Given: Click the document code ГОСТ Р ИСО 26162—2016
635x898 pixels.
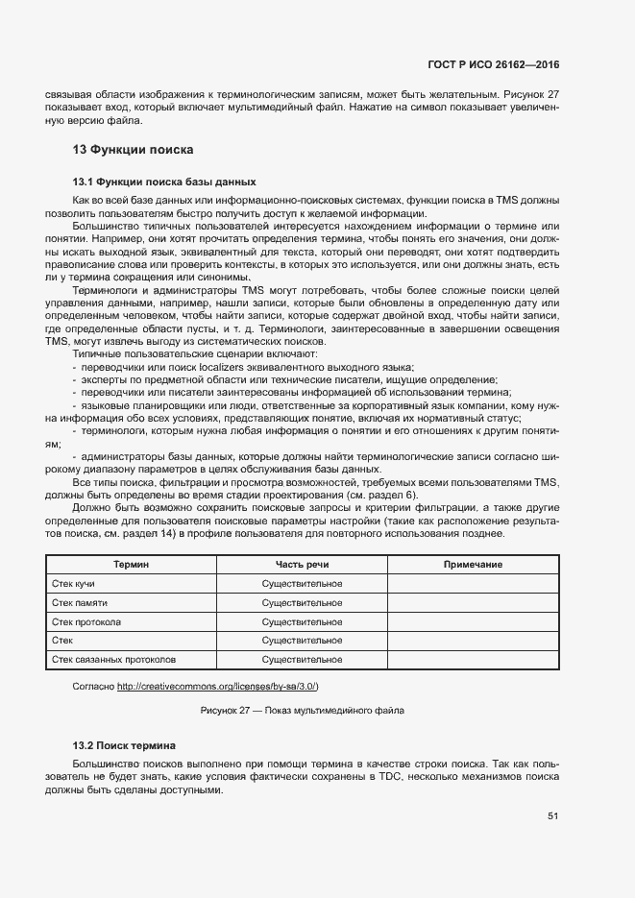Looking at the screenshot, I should pyautogui.click(x=494, y=64).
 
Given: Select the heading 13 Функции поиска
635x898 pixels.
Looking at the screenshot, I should pyautogui.click(x=134, y=150).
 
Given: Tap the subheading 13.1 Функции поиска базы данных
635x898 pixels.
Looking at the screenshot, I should pyautogui.click(x=164, y=181).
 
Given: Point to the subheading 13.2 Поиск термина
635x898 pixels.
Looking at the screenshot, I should pyautogui.click(x=125, y=745).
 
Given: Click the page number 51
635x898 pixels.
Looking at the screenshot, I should pyautogui.click(x=553, y=816).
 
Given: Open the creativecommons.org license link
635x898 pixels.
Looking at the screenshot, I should pyautogui.click(x=218, y=686).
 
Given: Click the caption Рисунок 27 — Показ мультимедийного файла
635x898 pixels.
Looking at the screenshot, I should pyautogui.click(x=303, y=711).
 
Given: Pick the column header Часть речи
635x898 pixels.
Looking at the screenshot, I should pyautogui.click(x=302, y=565).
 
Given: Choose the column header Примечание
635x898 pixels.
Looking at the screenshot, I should pyautogui.click(x=473, y=565).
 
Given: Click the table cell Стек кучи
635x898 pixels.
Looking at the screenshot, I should pyautogui.click(x=73, y=584).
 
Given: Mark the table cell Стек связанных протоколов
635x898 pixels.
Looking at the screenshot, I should pyautogui.click(x=113, y=660).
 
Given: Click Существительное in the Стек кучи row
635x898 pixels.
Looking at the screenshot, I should pyautogui.click(x=302, y=584).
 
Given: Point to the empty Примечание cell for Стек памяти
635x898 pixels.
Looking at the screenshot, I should pyautogui.click(x=473, y=602).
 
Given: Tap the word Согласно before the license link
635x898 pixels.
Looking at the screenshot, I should pyautogui.click(x=94, y=686).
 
